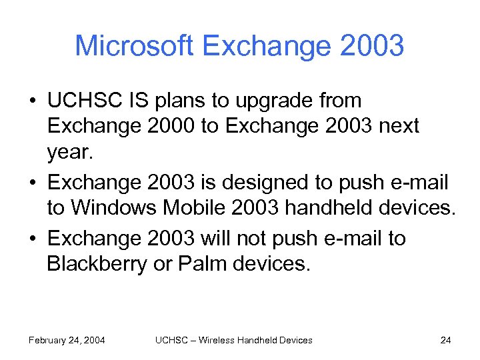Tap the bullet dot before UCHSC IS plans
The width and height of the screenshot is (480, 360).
(32, 102)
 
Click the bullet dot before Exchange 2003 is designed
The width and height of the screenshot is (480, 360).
(32, 182)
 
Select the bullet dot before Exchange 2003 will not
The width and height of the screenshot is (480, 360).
(32, 239)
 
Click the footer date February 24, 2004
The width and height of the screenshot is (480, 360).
(67, 340)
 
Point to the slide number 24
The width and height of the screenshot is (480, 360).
(445, 340)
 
